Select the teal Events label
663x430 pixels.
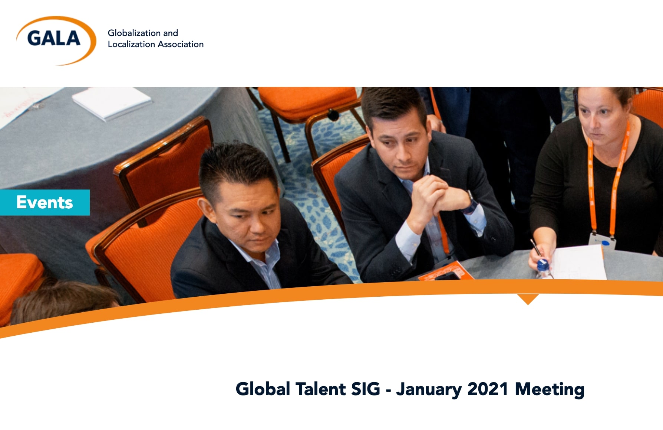pos(44,202)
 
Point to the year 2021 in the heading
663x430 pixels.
pos(488,389)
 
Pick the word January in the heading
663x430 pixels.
pos(429,390)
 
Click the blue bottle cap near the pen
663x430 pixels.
pos(543,265)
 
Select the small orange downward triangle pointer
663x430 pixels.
pos(528,299)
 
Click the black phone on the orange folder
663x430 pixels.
pos(446,276)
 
